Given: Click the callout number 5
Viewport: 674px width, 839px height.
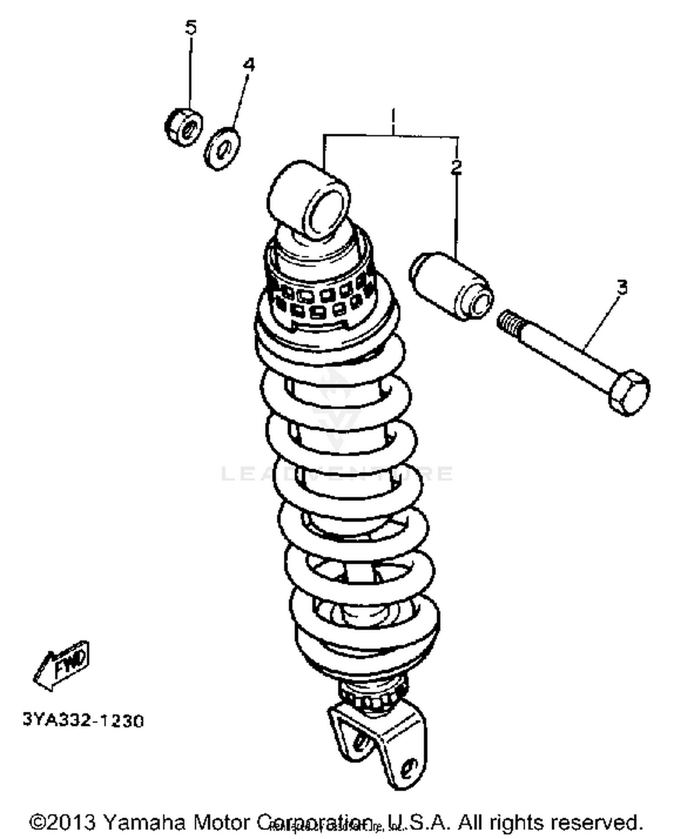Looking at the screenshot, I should coord(191,28).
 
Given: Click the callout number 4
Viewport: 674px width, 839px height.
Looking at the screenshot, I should coord(248,65).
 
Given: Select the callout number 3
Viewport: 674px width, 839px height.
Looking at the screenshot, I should coord(621,287).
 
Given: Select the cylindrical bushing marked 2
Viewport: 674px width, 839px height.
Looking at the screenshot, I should coord(451,286).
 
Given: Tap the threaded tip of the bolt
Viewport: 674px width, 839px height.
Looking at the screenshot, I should coord(511,321).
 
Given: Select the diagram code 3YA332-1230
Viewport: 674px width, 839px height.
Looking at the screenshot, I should coord(83,720).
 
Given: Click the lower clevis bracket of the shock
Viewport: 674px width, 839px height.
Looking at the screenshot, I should coord(377,737).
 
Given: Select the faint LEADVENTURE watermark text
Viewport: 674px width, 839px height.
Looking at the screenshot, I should coord(337,473).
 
